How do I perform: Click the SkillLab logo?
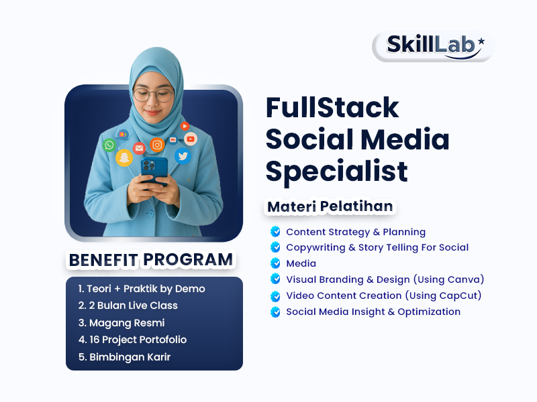[432, 46]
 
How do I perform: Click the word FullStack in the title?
[332, 108]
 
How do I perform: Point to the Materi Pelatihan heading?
[330, 206]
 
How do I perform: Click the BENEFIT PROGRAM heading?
[150, 259]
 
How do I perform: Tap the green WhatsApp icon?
[109, 145]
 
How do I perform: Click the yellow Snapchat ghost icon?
[124, 158]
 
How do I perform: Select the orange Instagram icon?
[157, 145]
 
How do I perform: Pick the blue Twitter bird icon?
[183, 155]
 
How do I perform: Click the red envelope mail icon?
[139, 148]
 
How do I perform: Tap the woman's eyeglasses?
[153, 94]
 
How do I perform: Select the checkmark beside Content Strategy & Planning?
[275, 232]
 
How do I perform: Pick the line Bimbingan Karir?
[124, 357]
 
